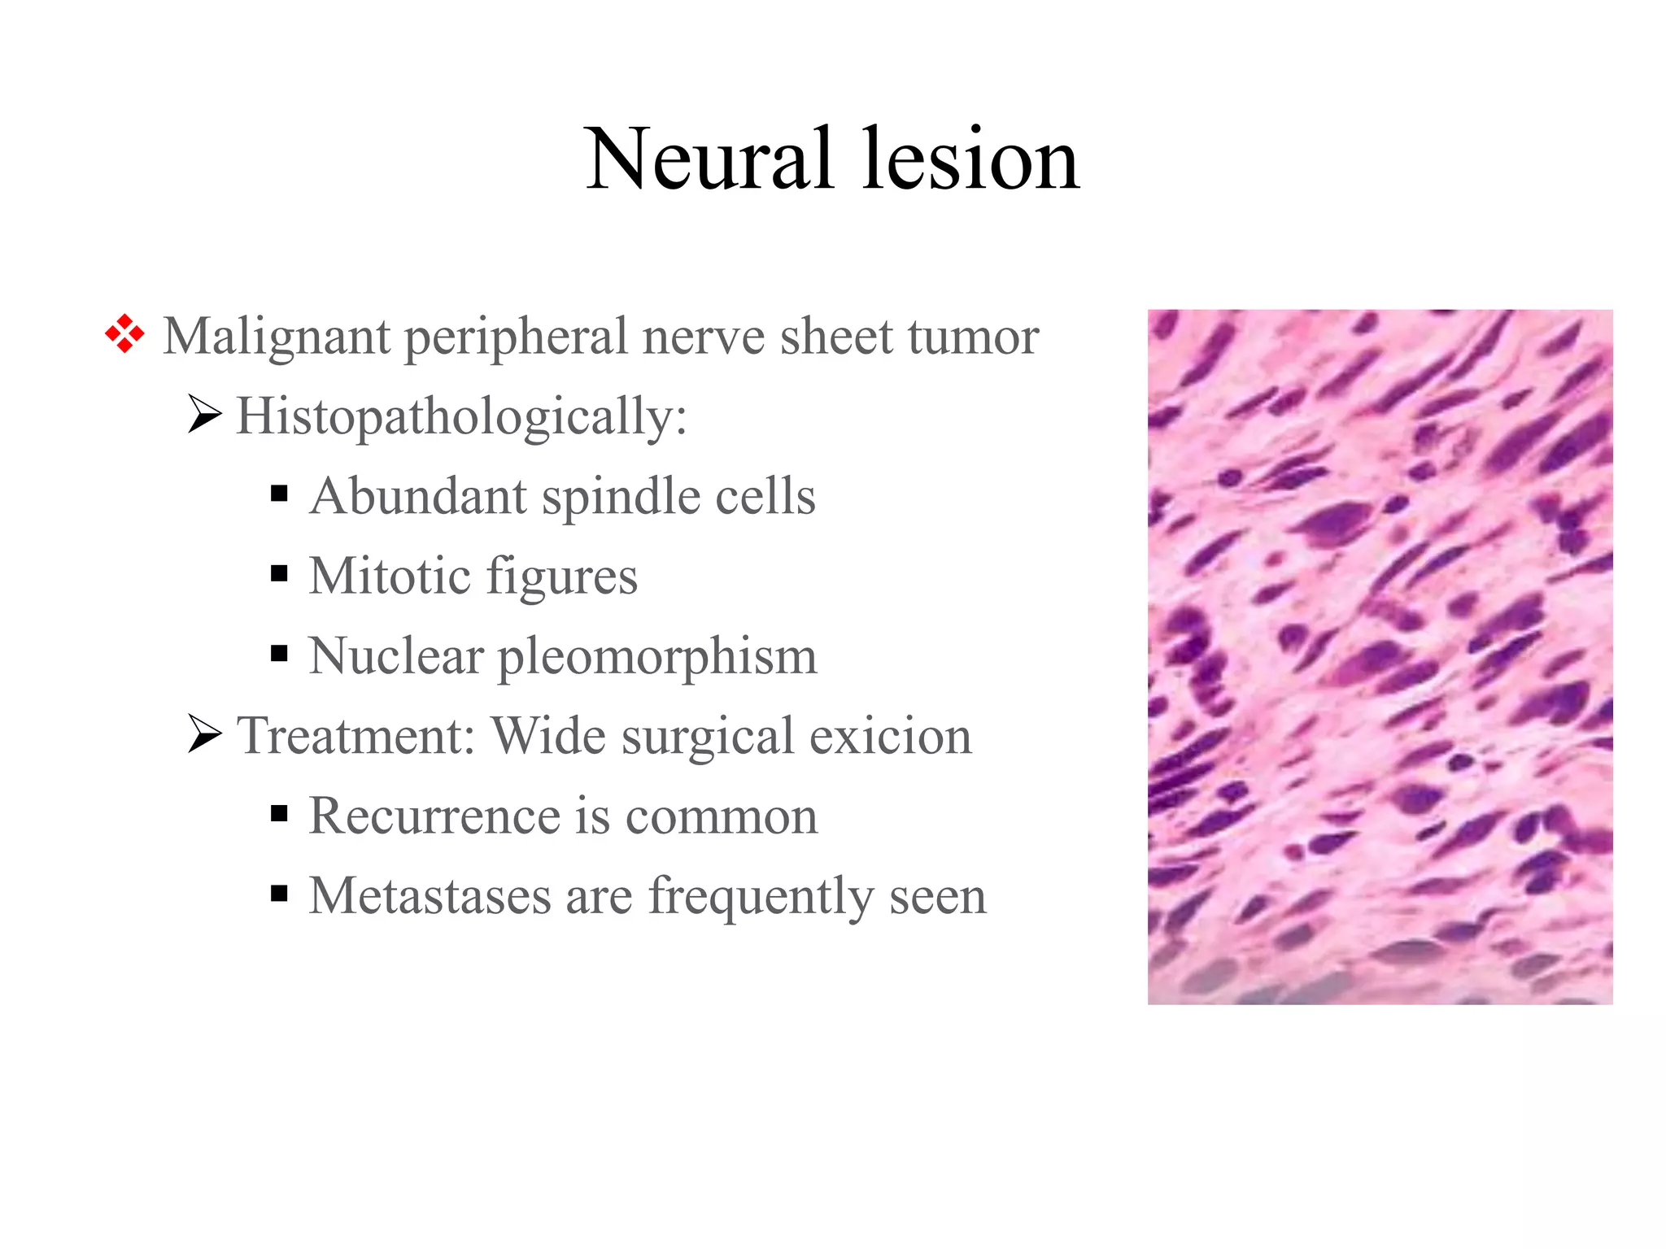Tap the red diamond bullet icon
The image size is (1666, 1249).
click(x=124, y=334)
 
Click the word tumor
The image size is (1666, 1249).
click(x=973, y=337)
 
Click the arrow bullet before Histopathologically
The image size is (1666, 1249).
click(x=204, y=414)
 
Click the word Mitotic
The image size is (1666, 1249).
click(x=390, y=576)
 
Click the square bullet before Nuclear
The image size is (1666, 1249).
click(x=279, y=653)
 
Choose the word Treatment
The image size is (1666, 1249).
click(x=355, y=736)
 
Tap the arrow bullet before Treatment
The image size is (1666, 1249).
click(x=204, y=733)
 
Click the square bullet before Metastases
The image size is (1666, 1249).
click(x=279, y=894)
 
